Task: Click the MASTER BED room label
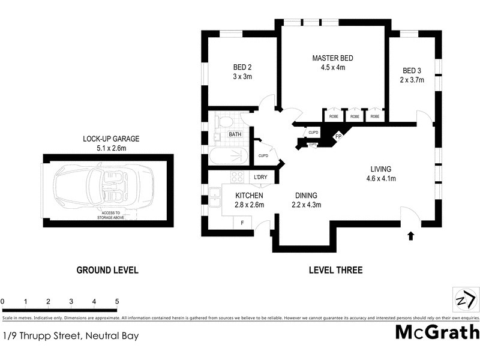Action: coord(332,58)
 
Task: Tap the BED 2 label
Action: coord(242,67)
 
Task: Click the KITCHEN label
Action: coord(249,196)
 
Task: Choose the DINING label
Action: coord(305,196)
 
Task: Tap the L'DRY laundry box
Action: coord(260,177)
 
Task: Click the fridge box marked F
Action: coord(242,223)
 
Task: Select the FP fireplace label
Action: coord(338,136)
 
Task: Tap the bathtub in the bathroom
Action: coord(229,157)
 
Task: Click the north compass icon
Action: coord(464,298)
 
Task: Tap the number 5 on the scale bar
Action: coord(117,301)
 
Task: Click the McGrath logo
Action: coord(437,332)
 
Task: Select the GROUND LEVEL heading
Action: coord(107,270)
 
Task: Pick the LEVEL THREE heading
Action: coord(335,270)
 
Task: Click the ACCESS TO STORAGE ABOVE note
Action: coord(109,215)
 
